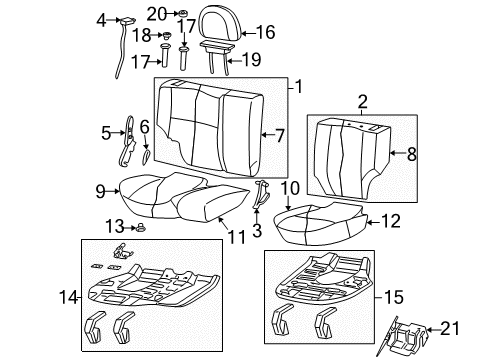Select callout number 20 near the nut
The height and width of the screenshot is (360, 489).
[154, 13]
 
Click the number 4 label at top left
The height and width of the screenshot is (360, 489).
[100, 20]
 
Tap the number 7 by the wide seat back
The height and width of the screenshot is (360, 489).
[279, 133]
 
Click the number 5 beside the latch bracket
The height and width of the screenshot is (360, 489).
[105, 131]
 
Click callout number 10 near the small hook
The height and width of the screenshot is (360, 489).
[289, 187]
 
